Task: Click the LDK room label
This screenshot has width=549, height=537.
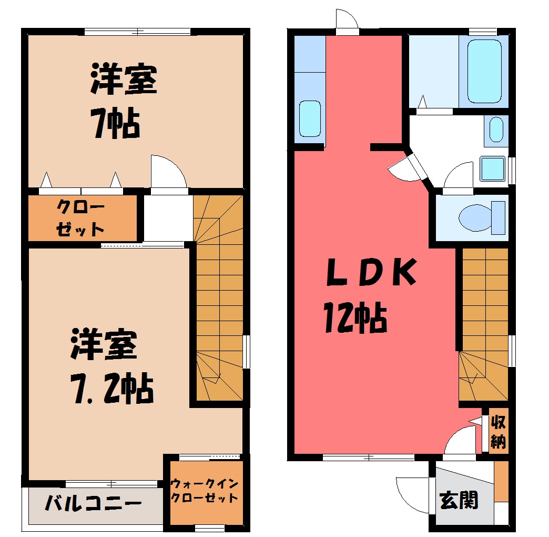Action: click(x=371, y=272)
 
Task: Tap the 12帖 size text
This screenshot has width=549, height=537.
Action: click(x=354, y=317)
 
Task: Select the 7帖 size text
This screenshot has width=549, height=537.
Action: click(x=115, y=123)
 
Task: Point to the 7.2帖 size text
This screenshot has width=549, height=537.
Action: click(x=112, y=388)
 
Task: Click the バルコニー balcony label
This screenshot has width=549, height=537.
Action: click(x=94, y=503)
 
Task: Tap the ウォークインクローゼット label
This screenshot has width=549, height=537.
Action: click(x=205, y=491)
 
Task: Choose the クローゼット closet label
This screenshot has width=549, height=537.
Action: click(x=80, y=217)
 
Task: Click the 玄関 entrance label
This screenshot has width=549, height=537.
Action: click(x=459, y=500)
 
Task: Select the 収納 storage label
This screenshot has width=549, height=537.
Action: click(x=498, y=432)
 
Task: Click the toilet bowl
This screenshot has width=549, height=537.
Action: click(x=482, y=217)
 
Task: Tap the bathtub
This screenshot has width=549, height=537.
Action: click(x=484, y=71)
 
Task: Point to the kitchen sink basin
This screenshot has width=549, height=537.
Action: click(x=310, y=118)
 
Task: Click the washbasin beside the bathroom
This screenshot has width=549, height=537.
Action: click(x=496, y=130)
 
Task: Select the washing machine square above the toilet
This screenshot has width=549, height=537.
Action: click(x=493, y=168)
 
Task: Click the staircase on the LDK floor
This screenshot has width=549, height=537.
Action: click(x=483, y=324)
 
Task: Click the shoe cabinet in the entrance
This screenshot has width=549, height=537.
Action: click(x=501, y=481)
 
